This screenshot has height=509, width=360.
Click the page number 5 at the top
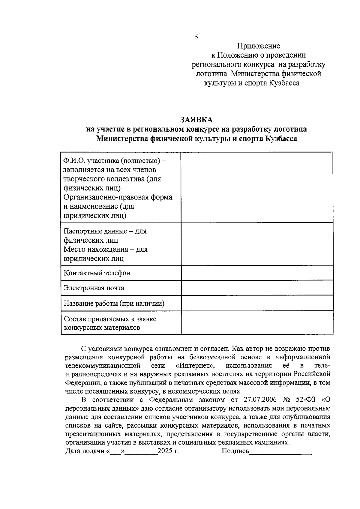tap(196, 37)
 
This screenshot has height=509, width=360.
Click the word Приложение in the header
tap(259, 46)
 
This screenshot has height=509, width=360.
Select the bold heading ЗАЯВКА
tap(196, 120)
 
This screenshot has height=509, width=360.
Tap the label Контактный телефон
tap(97, 273)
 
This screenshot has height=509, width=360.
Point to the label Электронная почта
tap(94, 288)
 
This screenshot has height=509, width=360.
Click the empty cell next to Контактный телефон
tap(257, 273)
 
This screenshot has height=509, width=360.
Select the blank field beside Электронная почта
tap(257, 288)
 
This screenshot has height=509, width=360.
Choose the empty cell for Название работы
tap(257, 303)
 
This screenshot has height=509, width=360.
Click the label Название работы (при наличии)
tap(114, 304)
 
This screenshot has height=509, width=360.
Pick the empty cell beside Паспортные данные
tap(257, 244)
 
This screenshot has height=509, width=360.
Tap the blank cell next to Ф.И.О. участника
tap(257, 187)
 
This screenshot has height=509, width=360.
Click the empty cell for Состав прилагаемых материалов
tap(257, 322)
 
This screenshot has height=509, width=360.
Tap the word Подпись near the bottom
tap(235, 451)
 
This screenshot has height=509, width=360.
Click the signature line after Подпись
tap(280, 452)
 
